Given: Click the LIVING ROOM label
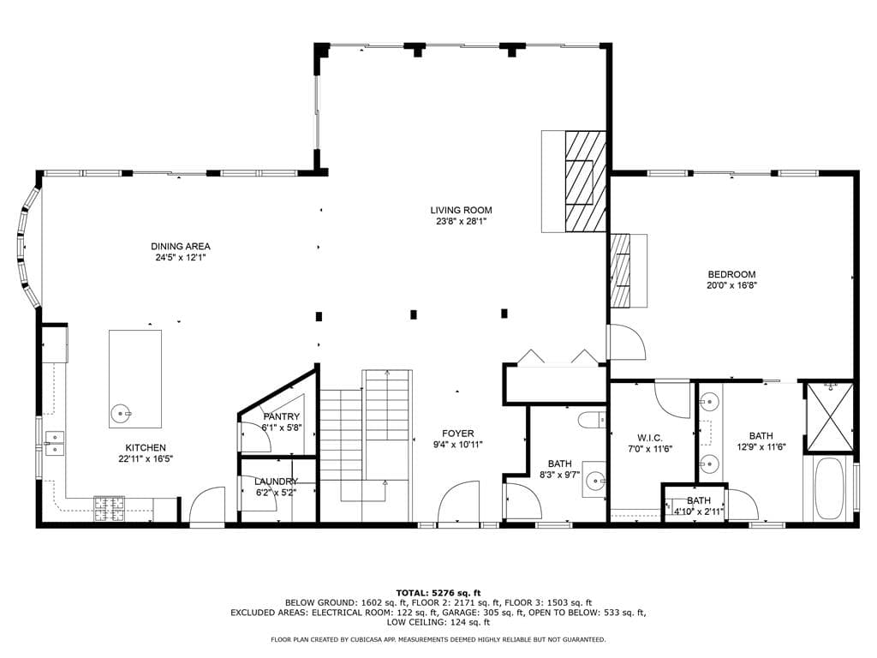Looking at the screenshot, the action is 461,211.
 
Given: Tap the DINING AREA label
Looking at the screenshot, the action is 181,246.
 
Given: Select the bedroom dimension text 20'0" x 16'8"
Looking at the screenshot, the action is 731,285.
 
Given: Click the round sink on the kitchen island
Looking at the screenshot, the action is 120,414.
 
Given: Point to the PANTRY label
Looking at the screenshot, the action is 281,417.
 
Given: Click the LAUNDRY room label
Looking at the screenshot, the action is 276,482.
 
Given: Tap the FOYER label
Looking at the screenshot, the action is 457,434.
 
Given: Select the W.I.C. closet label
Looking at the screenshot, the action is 650,438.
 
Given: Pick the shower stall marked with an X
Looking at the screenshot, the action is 829,417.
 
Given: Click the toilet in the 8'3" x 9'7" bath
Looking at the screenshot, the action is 591,420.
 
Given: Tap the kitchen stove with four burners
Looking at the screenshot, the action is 109,509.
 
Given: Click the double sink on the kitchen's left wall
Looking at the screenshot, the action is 55,443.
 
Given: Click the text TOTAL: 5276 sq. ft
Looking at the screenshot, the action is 438,593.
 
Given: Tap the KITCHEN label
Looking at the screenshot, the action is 146,447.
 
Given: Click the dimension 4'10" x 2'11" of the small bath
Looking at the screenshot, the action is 699,511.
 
